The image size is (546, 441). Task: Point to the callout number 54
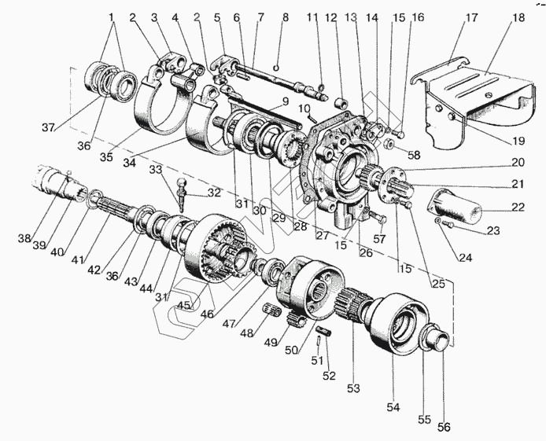click(392, 407)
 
